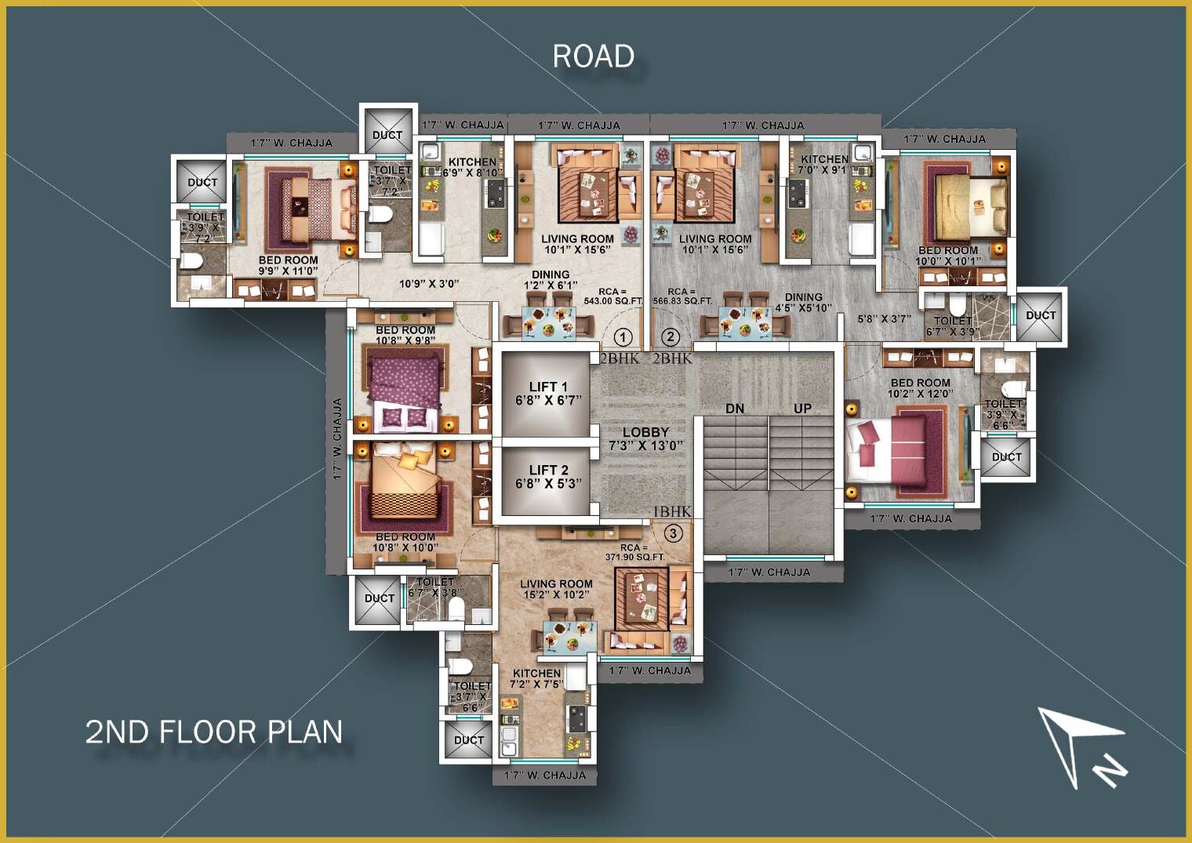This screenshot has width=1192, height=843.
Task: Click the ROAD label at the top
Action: (593, 56)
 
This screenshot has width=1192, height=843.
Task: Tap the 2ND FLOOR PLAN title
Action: (214, 732)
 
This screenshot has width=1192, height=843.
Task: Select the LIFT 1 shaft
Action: (547, 394)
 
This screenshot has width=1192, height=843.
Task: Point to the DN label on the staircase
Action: (735, 409)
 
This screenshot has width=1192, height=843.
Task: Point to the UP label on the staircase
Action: (802, 409)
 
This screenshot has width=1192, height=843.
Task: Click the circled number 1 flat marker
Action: (623, 337)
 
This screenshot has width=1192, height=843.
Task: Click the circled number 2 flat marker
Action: (670, 337)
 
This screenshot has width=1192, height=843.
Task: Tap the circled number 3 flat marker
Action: (673, 533)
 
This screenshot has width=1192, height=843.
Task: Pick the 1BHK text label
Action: (672, 511)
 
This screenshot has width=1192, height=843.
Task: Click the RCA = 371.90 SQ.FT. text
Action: (634, 552)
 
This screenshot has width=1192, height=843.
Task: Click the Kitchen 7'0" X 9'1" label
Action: (823, 164)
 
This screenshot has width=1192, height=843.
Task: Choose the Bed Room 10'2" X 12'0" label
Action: (920, 388)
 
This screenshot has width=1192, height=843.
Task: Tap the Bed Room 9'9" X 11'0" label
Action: (289, 265)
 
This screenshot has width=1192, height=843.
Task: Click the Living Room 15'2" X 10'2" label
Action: (556, 589)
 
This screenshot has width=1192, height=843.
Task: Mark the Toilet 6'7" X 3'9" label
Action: (953, 325)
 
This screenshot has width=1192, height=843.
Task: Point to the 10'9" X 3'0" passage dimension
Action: (428, 283)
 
